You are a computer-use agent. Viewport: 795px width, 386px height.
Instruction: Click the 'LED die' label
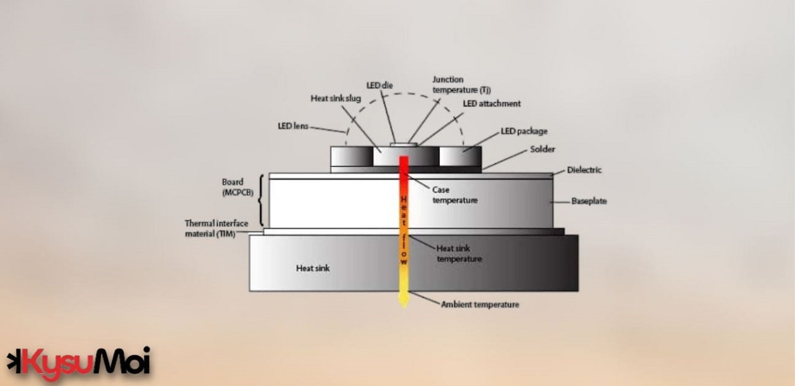click(379, 85)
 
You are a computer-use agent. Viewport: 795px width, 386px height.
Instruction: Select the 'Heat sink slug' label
click(336, 98)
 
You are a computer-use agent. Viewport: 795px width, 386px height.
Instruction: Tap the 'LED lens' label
click(293, 126)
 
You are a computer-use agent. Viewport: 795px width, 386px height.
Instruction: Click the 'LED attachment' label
click(491, 103)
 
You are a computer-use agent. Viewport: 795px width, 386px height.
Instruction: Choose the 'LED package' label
click(524, 131)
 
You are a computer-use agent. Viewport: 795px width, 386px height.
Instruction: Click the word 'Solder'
click(543, 149)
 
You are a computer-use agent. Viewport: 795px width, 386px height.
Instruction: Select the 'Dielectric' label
click(584, 170)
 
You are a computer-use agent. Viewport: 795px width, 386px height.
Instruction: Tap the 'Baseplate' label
click(589, 201)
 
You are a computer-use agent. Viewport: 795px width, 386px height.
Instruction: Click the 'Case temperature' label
click(455, 195)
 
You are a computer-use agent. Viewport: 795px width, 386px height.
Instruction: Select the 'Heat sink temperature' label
click(459, 253)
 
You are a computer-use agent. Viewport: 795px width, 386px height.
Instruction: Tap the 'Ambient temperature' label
click(480, 305)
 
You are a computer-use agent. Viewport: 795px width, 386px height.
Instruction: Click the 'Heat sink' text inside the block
click(313, 268)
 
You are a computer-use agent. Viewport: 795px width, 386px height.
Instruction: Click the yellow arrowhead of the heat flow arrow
click(403, 300)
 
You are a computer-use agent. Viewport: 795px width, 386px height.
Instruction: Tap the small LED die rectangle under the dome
click(403, 144)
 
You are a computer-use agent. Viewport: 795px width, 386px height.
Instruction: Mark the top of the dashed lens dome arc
click(403, 94)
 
